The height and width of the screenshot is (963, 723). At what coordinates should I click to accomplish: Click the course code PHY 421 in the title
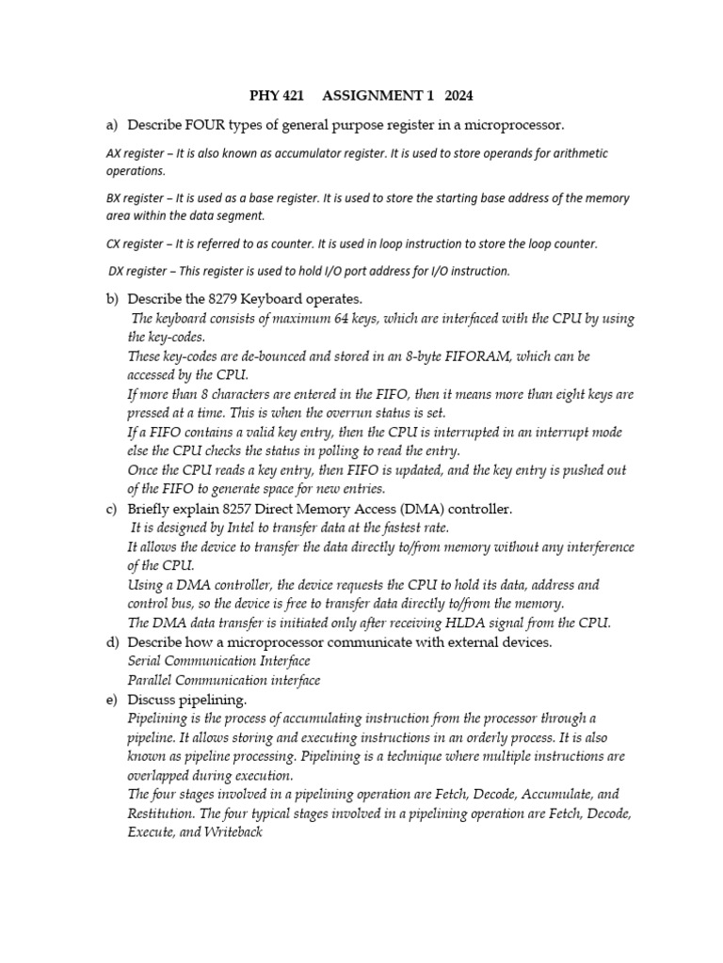(276, 95)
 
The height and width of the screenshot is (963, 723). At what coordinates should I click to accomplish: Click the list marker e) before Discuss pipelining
(112, 700)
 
